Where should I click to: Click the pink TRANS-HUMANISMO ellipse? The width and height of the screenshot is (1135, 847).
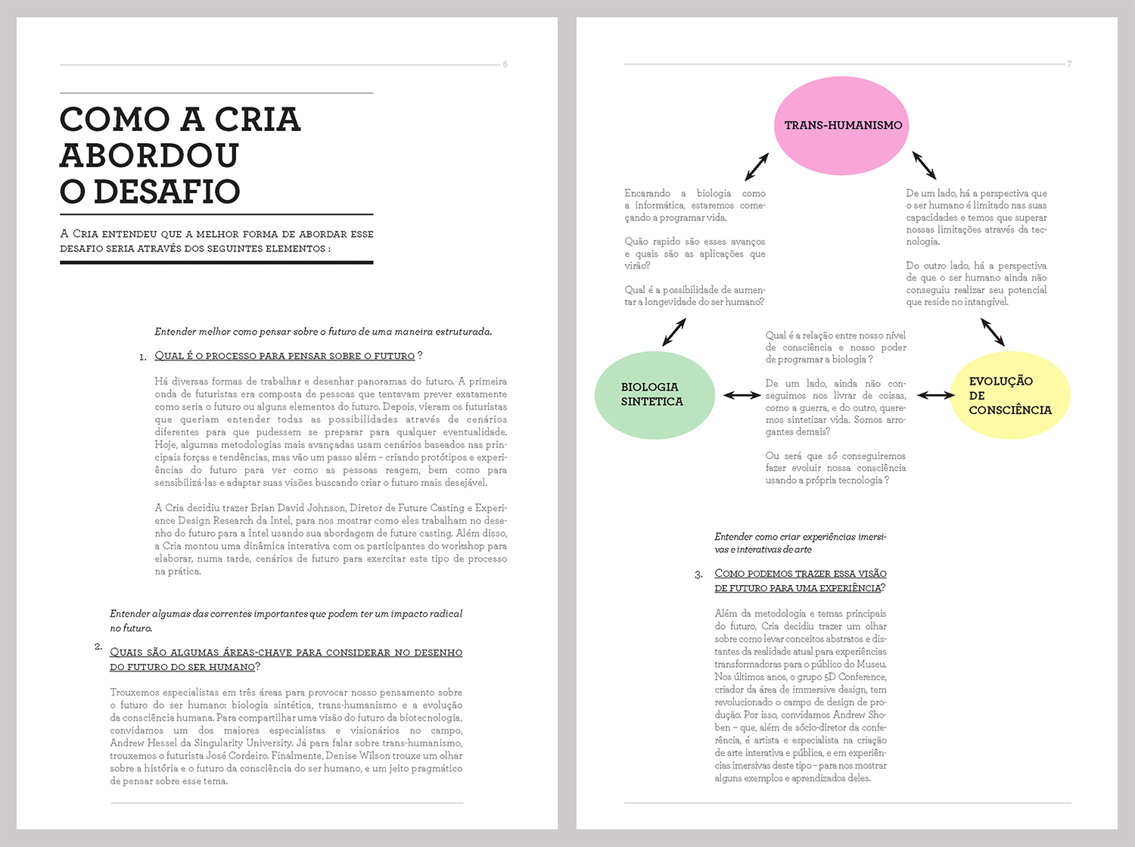(x=841, y=126)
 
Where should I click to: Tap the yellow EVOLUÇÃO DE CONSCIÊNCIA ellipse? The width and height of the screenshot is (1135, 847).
(x=1009, y=395)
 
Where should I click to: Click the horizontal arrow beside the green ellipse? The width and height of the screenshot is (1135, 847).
(x=742, y=395)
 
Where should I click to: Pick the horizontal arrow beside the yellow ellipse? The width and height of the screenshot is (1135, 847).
(x=936, y=395)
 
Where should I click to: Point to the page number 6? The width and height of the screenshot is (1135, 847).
(x=505, y=64)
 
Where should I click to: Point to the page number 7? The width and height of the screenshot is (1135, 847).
(x=1069, y=64)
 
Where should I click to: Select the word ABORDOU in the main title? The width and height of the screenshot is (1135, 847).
(x=149, y=155)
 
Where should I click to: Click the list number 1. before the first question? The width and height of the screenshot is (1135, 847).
(x=143, y=357)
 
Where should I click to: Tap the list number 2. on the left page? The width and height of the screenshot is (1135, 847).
(x=98, y=646)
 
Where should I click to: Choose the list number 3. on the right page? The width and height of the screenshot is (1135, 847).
(x=698, y=575)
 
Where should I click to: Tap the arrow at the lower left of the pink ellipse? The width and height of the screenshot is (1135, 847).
(x=756, y=167)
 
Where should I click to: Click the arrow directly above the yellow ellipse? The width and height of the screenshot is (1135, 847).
(x=992, y=332)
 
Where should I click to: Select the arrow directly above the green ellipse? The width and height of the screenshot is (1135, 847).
(x=673, y=332)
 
